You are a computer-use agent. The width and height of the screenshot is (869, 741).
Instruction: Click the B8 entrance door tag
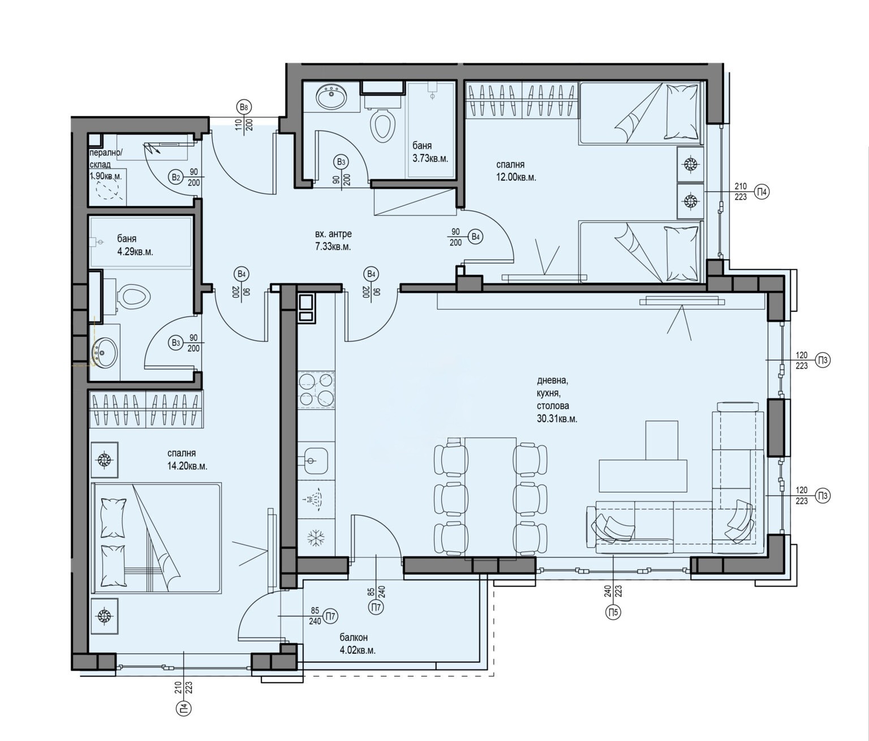[x=244, y=107]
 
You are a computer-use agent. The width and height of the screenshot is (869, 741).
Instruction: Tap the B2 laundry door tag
[x=176, y=178]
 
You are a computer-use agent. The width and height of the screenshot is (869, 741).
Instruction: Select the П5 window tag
[x=613, y=611]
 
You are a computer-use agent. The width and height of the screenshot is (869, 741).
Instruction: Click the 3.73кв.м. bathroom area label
[x=430, y=159]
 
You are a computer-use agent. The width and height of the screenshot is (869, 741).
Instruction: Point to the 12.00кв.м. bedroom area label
[x=517, y=177]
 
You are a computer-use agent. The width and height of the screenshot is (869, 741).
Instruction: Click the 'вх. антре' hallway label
[x=333, y=234]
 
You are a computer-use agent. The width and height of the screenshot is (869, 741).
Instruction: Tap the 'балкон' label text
[x=354, y=637]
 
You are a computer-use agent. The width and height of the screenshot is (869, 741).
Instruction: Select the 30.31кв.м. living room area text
[x=557, y=419]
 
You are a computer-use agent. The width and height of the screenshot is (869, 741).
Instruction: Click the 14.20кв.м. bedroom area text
[x=187, y=466]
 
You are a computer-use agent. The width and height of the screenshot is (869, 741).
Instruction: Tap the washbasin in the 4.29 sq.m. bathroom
[x=105, y=352]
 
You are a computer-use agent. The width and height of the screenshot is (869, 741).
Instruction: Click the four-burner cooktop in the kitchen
[x=317, y=390]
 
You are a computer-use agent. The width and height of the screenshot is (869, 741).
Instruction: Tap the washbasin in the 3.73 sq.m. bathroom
[x=332, y=97]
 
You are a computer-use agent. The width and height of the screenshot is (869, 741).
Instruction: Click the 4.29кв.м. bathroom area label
[x=135, y=252]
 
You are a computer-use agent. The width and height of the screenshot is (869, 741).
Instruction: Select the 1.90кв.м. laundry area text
[x=106, y=176]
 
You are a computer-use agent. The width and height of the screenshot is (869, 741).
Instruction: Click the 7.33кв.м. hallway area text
[x=333, y=247]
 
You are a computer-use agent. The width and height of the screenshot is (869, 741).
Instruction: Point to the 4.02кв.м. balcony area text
[x=358, y=650]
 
